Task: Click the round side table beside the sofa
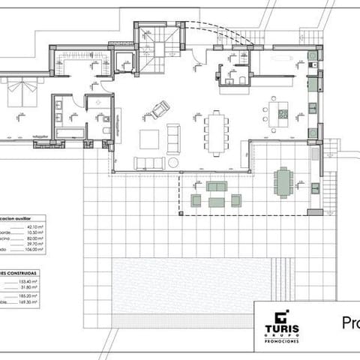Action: (x=172, y=162)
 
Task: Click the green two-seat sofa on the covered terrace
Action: (x=217, y=186)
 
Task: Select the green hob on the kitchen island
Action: (x=283, y=115)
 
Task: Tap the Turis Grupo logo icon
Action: (x=281, y=316)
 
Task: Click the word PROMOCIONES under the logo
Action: (x=281, y=340)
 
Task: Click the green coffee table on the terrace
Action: (x=217, y=201)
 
